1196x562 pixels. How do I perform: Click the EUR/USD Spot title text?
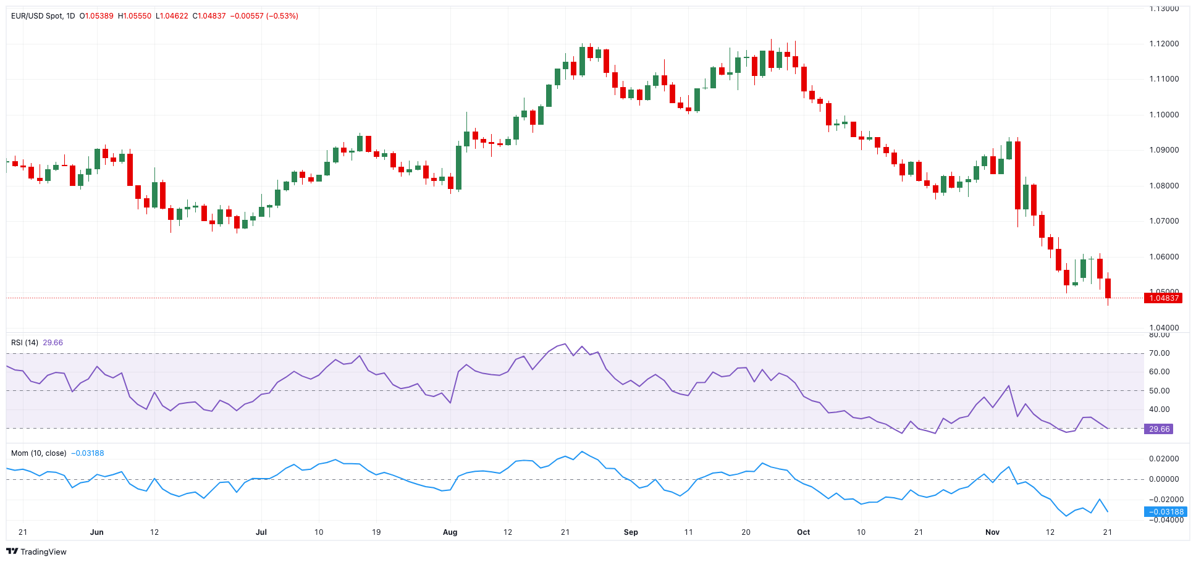coord(37,16)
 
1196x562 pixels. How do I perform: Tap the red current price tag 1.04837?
coord(1163,298)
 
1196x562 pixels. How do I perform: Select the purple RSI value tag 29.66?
coord(1158,429)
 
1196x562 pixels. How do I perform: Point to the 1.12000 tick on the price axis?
coord(1164,44)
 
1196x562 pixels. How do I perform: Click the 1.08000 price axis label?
coord(1164,186)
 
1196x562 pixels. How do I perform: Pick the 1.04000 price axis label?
coord(1164,328)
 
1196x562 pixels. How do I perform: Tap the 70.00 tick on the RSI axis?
coord(1159,353)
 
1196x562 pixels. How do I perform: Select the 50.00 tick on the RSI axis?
coord(1159,391)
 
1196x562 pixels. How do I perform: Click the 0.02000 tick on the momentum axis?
coord(1164,459)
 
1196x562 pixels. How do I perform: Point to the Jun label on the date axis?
coord(96,532)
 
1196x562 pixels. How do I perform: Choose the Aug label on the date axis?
coord(450,532)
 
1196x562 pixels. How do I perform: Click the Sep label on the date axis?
coord(631,532)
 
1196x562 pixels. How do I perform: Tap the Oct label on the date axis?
coord(803,532)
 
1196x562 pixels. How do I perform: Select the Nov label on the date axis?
coord(992,532)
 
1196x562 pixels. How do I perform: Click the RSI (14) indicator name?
coord(25,343)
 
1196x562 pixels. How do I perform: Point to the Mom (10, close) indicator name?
coord(38,453)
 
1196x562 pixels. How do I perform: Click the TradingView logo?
coord(36,552)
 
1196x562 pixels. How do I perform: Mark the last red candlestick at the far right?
coord(1108,288)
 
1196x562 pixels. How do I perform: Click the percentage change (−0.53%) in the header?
coord(282,16)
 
